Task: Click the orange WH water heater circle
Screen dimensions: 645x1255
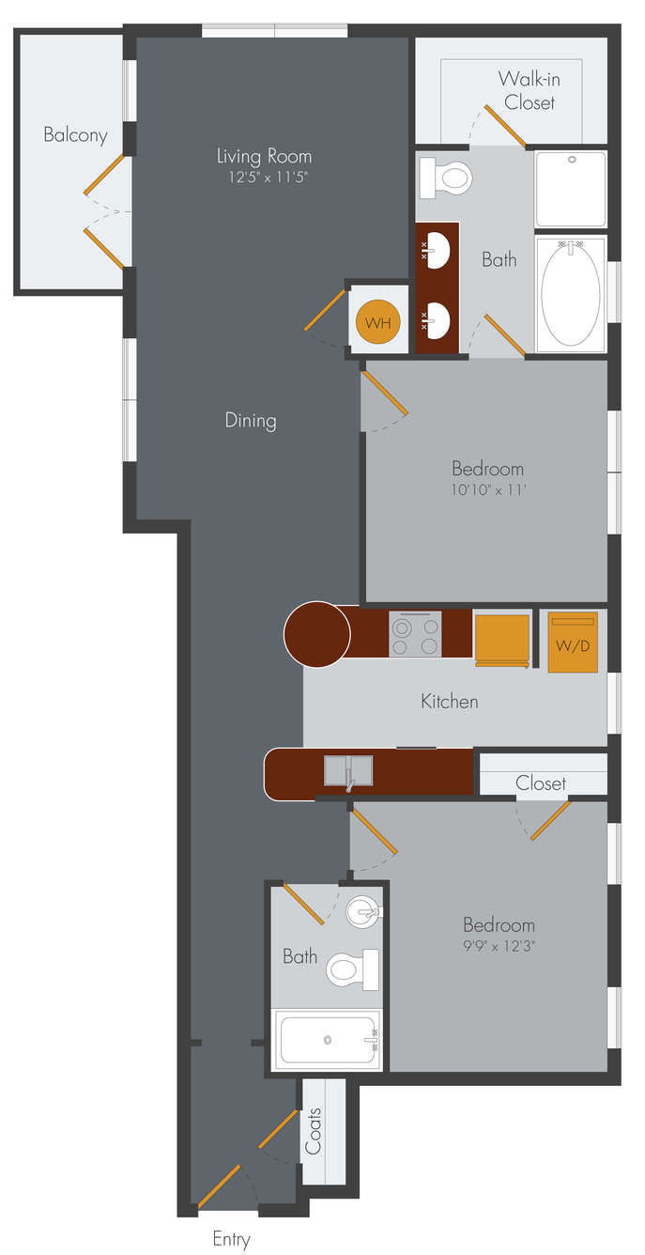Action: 378,322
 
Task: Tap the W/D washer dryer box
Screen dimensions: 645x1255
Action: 573,643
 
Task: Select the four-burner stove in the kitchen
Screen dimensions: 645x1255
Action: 415,634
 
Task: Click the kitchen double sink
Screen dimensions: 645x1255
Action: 348,770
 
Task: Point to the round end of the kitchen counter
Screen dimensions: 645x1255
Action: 317,634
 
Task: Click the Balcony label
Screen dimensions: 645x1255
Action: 75,135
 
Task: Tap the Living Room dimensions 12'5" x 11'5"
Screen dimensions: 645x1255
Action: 269,177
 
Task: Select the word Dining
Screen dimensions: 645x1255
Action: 251,420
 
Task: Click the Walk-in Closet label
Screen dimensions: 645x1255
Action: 530,90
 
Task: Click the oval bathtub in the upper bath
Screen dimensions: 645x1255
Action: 571,293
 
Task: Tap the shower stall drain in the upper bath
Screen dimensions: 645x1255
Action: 572,160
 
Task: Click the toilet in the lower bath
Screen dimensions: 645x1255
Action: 352,969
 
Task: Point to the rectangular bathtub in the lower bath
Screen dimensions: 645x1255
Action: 327,1040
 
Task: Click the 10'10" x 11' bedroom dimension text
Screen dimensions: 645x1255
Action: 488,489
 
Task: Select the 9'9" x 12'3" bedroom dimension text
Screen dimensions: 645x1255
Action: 499,946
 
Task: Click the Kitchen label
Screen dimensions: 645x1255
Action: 450,701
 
